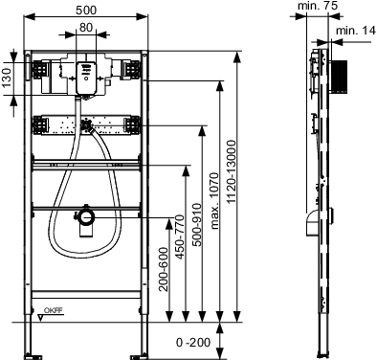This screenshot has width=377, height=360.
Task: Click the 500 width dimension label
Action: coord(86,11)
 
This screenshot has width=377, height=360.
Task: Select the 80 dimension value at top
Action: coord(86,28)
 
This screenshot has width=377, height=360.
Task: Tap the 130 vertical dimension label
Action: coord(7,78)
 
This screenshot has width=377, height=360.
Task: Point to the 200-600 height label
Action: coord(164,269)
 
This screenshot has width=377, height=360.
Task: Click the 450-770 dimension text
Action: coord(180,236)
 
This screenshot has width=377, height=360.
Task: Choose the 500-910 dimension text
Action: coord(197,225)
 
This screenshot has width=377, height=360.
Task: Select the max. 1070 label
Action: coord(215,201)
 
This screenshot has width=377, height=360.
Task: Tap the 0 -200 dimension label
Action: coord(193,343)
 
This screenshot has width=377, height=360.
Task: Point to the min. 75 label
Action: coord(318,6)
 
